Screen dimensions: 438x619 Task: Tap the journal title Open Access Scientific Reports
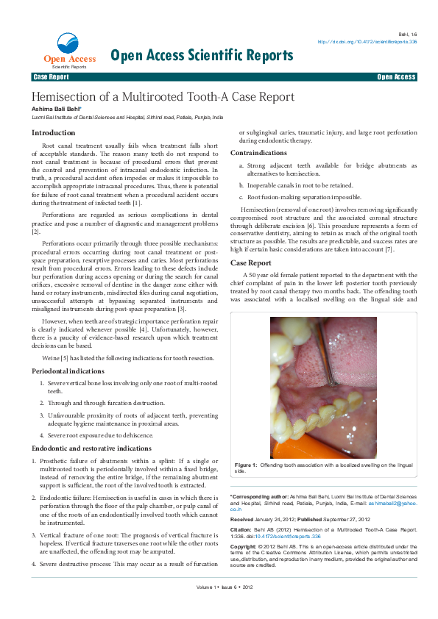tap(201, 55)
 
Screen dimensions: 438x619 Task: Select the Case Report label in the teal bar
tap(51, 76)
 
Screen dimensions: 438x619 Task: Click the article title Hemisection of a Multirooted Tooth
tap(162, 97)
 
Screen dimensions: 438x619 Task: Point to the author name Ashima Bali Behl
tap(60, 109)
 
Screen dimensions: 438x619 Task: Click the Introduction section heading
tap(53, 133)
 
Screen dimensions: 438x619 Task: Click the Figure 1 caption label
tap(245, 465)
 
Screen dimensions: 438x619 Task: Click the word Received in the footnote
tap(246, 518)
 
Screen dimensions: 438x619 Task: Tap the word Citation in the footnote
tap(242, 529)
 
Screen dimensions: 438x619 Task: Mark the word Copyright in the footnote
tap(245, 547)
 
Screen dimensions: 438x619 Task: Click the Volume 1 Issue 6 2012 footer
tap(225, 607)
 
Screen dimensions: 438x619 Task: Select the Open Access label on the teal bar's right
tap(396, 76)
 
